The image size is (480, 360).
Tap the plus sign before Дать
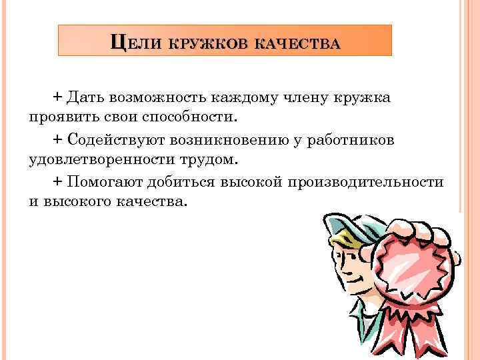[x=57, y=97]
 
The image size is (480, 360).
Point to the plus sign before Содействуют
[x=57, y=140]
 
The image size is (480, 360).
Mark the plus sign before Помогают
[x=57, y=182]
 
